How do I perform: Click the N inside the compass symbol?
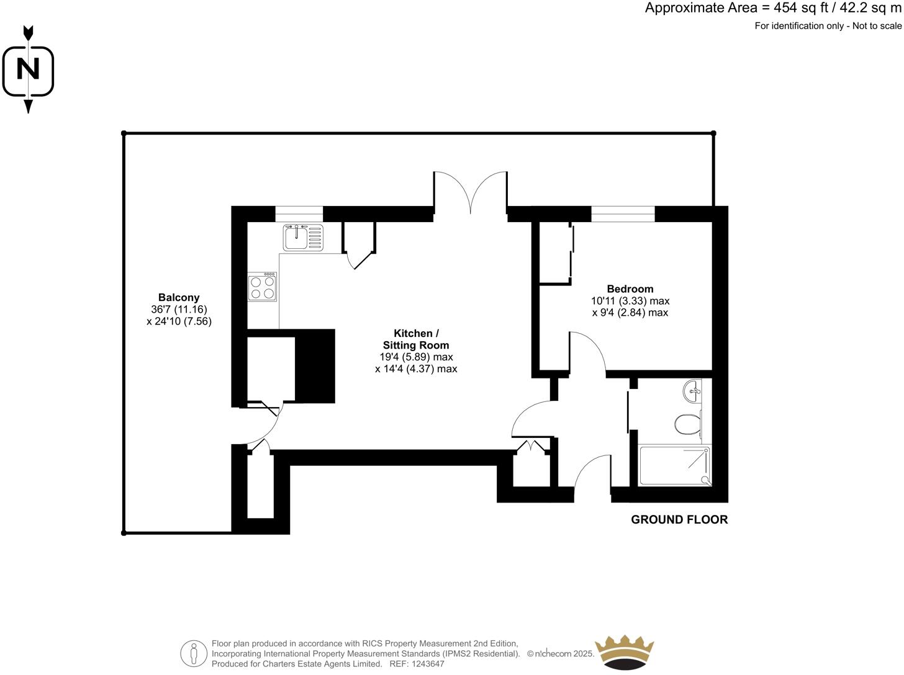pos(28,69)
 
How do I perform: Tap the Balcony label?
pos(179,298)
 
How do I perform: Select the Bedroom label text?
pos(630,289)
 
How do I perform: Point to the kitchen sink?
pos(303,236)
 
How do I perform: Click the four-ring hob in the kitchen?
pos(263,287)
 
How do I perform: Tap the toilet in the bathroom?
pos(687,425)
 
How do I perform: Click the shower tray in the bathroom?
pos(675,465)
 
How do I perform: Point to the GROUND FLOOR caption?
pos(679,520)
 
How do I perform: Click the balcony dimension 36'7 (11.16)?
pos(179,310)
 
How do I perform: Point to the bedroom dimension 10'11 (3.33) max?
pos(630,301)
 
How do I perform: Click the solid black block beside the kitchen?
pos(315,366)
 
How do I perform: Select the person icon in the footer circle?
pos(194,653)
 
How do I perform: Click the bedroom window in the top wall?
pos(623,214)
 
